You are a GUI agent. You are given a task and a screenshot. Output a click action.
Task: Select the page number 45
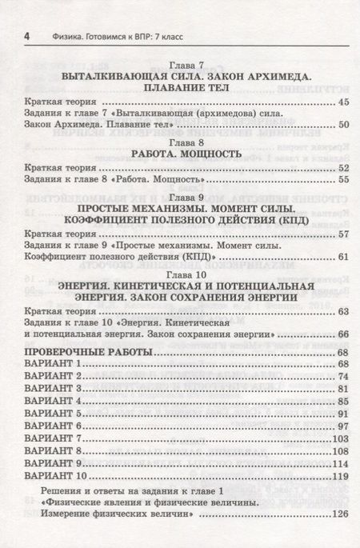tap(344, 102)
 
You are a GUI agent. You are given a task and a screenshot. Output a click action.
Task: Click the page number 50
tap(344, 125)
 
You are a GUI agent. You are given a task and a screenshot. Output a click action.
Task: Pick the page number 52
tap(344, 170)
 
